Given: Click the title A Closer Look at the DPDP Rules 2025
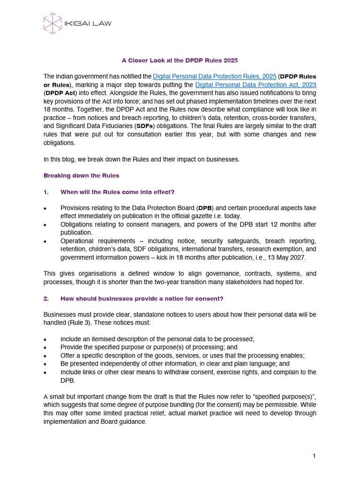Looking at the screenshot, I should [180, 60].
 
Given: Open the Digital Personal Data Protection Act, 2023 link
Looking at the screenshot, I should [255, 84].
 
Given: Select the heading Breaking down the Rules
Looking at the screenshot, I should [81, 176].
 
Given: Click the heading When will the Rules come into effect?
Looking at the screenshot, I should [117, 192].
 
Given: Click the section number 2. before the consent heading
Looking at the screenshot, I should [46, 298].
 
